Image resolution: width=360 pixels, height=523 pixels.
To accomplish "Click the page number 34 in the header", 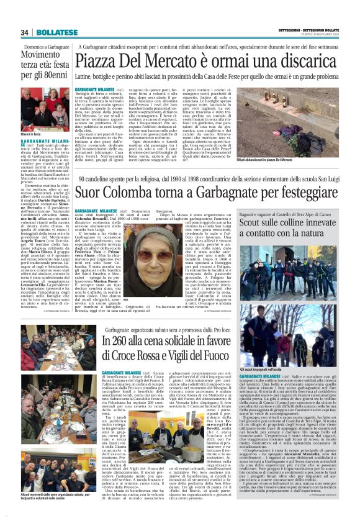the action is pyautogui.click(x=25, y=32).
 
